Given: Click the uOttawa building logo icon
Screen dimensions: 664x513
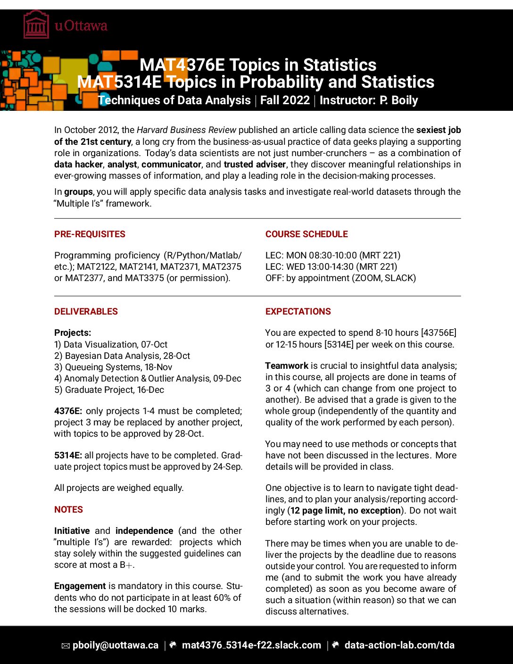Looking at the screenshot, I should pos(36,25).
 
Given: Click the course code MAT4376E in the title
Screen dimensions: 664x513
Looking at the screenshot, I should pos(182,65).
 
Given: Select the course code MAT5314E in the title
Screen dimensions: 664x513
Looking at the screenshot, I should pos(119,82).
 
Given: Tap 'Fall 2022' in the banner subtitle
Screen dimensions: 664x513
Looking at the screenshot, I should pos(285,100).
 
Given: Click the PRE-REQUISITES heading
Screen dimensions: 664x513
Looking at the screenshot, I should pos(90,234).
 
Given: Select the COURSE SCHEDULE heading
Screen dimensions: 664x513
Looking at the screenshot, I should pos(306,234).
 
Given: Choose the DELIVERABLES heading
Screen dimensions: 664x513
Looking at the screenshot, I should pos(86,312).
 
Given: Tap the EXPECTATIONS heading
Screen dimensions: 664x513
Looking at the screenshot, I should pos(298,312).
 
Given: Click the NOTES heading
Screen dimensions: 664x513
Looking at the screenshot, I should pos(68,510).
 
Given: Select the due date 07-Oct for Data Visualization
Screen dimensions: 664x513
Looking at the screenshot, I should pos(154,345).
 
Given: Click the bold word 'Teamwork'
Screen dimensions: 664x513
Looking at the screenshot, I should pos(287,366).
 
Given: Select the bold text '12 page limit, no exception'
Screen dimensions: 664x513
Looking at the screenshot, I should pos(345,511).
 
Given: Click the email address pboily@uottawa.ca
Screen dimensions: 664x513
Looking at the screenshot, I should pos(115,646).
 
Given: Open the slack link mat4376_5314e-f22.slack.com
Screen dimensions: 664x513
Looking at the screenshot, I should pos(251,646).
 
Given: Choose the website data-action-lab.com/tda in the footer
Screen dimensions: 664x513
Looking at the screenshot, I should pos(399,646).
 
